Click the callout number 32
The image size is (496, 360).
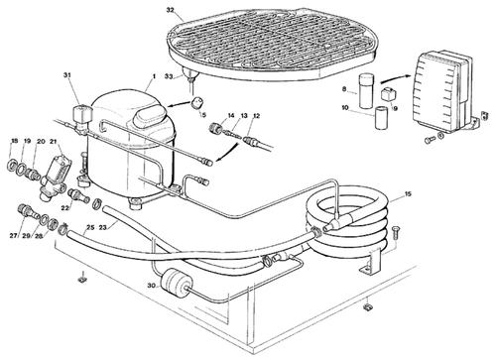tap(170, 10)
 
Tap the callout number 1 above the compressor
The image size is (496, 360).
tap(154, 76)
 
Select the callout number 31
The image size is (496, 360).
tap(67, 75)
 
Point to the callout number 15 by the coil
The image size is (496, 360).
tap(408, 193)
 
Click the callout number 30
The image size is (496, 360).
tap(151, 286)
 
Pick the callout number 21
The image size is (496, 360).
tap(54, 142)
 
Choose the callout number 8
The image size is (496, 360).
tap(344, 89)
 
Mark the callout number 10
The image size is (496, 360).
tap(345, 108)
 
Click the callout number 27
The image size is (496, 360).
tap(13, 236)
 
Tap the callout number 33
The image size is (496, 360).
tap(169, 76)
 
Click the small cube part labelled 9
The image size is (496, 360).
tap(387, 95)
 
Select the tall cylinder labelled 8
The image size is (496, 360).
tap(366, 91)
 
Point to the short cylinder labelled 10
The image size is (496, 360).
tap(381, 117)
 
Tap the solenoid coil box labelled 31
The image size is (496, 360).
tap(82, 114)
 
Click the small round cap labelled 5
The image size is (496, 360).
tap(197, 103)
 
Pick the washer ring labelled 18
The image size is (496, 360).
tap(13, 165)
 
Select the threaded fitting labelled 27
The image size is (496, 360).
tap(26, 211)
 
